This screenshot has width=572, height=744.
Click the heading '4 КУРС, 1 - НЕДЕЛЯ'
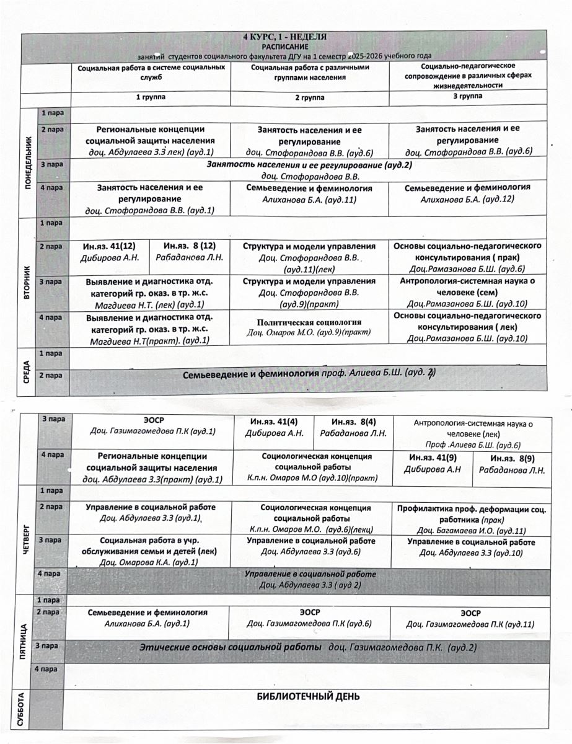(286, 38)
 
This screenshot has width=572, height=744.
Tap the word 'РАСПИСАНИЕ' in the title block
(286, 46)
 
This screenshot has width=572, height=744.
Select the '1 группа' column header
(151, 97)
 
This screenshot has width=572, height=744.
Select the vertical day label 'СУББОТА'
(22, 708)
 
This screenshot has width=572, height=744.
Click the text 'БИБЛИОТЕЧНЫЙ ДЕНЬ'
(309, 696)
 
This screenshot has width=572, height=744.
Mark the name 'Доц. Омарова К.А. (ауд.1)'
(149, 562)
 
